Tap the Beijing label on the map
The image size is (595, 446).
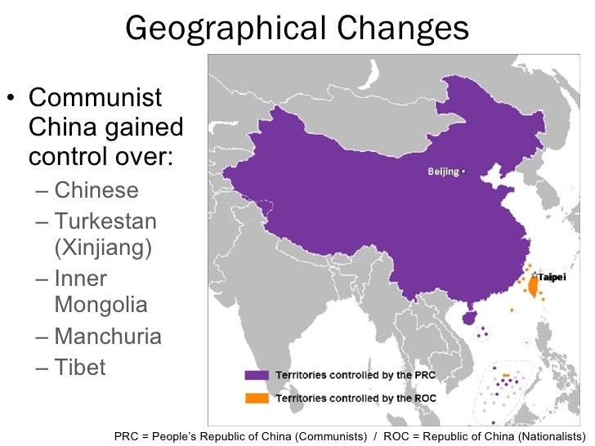(x=444, y=172)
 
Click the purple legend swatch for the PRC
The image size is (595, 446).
(x=257, y=375)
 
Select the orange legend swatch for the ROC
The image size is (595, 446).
(x=257, y=398)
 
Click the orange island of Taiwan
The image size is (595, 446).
(x=533, y=287)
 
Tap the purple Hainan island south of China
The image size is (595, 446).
(x=467, y=315)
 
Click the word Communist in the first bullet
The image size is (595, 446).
(x=95, y=100)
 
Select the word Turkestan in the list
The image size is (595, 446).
(x=105, y=221)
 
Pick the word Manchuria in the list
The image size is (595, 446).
(x=108, y=337)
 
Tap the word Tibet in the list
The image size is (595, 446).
(x=80, y=368)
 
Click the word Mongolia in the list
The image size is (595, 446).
(x=101, y=306)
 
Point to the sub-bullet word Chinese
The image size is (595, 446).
(x=96, y=191)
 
